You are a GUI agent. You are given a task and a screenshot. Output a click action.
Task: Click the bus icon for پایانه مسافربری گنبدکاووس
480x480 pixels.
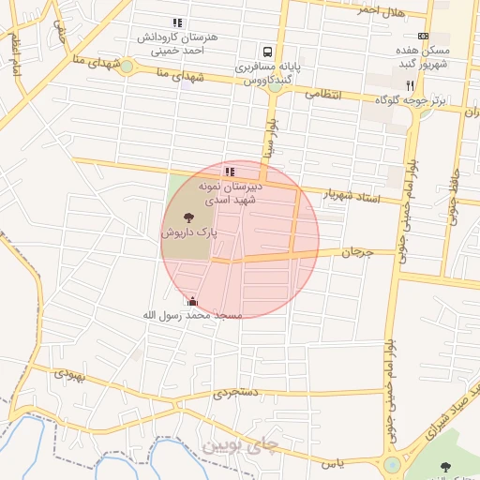(268, 52)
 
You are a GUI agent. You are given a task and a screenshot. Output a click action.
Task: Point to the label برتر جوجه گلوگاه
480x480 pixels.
(408, 100)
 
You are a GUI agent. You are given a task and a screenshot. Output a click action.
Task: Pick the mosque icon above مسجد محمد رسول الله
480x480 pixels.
(193, 301)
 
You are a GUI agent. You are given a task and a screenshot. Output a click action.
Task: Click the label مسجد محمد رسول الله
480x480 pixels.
(192, 316)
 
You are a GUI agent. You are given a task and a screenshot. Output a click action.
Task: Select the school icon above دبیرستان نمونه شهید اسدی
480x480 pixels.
(230, 172)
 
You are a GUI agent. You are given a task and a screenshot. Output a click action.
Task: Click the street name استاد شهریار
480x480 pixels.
(350, 195)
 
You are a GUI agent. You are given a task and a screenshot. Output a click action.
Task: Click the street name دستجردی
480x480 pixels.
(232, 394)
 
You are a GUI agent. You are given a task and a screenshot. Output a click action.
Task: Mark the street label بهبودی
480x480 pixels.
(68, 372)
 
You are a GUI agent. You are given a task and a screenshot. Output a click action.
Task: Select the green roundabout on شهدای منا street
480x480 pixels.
(127, 67)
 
